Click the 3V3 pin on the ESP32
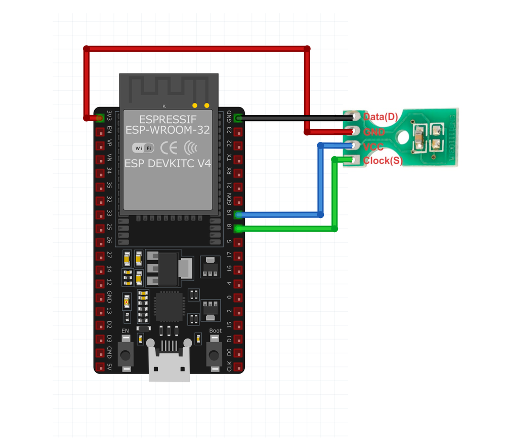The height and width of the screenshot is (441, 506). (100, 118)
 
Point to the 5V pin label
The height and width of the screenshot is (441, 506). (109, 366)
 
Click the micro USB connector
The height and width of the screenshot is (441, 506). (169, 362)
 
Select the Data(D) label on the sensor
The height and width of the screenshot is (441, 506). (381, 117)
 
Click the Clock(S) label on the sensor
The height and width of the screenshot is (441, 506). (383, 161)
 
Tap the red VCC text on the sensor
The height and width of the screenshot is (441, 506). (373, 146)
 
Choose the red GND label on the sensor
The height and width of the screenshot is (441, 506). (374, 132)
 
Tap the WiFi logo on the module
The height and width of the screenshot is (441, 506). (143, 148)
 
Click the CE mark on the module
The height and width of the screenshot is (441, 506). (168, 148)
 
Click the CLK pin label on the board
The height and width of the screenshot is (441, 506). (229, 366)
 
